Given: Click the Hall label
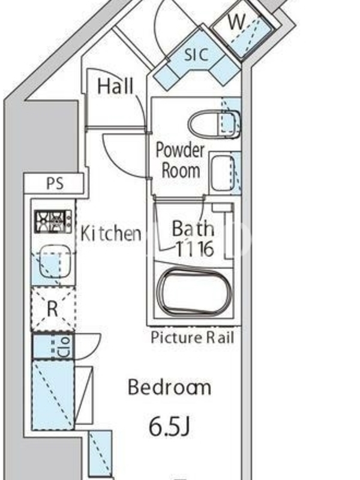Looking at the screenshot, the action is click(115, 86).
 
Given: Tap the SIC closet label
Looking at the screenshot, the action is click(197, 55).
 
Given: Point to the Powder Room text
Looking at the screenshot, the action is click(181, 160).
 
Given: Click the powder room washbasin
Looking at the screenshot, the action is click(223, 173).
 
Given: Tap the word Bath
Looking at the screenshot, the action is click(193, 229).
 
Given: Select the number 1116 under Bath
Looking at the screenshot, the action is click(194, 249).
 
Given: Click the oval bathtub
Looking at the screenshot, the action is click(194, 292).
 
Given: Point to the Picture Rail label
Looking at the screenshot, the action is click(193, 338).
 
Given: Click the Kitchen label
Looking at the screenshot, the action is click(111, 233).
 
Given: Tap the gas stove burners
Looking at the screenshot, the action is click(53, 221).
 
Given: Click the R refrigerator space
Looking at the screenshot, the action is click(53, 309).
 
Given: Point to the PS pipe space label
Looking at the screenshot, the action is click(55, 183).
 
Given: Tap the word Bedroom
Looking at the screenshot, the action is click(169, 387).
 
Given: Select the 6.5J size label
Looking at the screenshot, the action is click(169, 427).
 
